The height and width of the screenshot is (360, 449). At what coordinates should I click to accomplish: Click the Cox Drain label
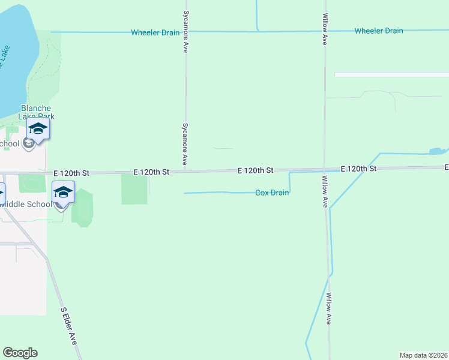[x=272, y=193]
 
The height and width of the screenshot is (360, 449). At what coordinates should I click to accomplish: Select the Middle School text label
[x=26, y=204]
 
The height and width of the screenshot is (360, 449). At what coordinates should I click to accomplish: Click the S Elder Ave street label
[x=69, y=326]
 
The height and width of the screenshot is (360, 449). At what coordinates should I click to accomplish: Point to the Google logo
[x=20, y=353]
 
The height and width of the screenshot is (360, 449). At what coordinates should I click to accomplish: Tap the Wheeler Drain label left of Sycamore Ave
[x=155, y=32]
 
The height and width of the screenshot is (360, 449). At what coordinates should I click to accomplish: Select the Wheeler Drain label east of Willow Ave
[x=378, y=31]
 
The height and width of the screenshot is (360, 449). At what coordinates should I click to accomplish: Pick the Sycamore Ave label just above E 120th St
[x=185, y=145]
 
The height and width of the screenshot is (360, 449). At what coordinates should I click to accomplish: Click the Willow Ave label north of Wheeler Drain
[x=325, y=30]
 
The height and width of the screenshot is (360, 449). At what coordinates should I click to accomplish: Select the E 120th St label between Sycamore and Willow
[x=255, y=170]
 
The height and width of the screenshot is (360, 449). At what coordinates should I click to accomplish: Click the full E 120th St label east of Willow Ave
[x=358, y=169]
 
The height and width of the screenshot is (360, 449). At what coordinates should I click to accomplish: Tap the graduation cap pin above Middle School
[x=63, y=192]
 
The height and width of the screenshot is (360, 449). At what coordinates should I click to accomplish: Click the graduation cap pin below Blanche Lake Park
[x=38, y=129]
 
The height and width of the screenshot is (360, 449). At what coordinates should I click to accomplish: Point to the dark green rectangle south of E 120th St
[x=134, y=190]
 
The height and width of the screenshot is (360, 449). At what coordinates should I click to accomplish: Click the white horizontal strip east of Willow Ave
[x=391, y=74]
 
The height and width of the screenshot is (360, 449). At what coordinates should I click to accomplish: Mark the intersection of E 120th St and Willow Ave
[x=325, y=169]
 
